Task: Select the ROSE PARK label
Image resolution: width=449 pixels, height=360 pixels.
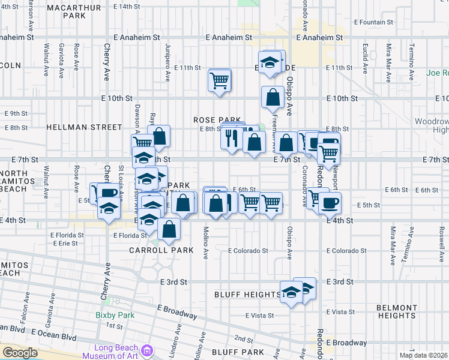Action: (217, 120)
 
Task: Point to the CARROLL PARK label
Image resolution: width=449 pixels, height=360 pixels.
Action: (161, 250)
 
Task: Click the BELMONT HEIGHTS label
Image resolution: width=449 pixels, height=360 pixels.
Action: (396, 311)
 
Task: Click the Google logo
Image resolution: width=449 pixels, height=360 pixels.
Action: (20, 353)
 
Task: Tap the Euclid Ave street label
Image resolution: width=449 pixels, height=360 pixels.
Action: (365, 55)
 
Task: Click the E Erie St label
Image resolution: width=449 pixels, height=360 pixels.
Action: (65, 244)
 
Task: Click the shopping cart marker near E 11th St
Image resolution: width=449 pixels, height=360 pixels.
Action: (220, 80)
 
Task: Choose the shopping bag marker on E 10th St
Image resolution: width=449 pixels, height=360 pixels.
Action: (273, 97)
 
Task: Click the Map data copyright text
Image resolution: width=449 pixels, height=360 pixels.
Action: (424, 355)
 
